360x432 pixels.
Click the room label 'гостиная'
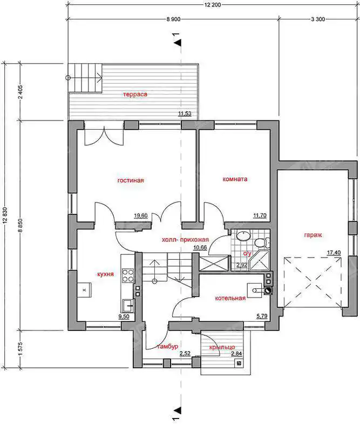(x=131, y=180)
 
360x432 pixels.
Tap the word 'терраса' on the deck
(x=135, y=94)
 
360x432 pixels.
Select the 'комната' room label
(x=235, y=179)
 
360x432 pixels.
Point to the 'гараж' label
(x=313, y=235)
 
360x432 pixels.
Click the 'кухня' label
(x=105, y=274)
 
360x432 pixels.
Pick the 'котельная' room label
(x=230, y=298)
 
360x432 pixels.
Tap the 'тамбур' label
(x=168, y=347)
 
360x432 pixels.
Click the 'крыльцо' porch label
(x=222, y=347)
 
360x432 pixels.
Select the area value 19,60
(x=140, y=215)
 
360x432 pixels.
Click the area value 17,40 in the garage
(x=334, y=252)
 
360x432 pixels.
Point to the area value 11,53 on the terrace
(x=185, y=113)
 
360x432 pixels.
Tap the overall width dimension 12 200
(x=213, y=5)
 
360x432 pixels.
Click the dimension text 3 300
(x=318, y=19)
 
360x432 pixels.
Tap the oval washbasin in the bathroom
(x=243, y=237)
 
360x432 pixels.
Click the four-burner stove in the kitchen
(x=128, y=275)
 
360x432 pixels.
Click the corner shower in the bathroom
(x=259, y=260)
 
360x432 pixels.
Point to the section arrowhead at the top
(x=180, y=43)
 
